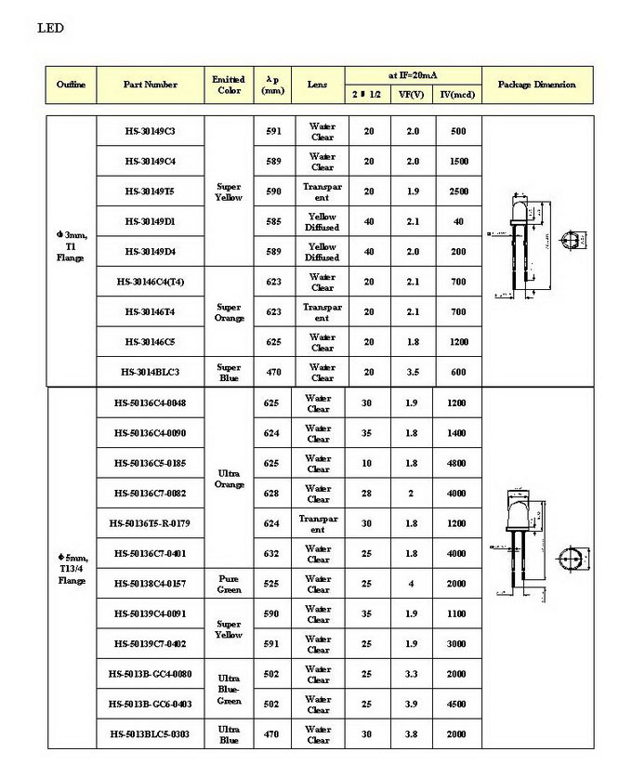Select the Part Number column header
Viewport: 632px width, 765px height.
[150, 85]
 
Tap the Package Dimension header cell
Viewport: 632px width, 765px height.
[536, 85]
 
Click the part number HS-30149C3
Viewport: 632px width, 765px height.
[150, 131]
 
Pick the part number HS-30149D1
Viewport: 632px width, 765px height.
[150, 221]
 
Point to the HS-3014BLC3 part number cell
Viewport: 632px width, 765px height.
[150, 372]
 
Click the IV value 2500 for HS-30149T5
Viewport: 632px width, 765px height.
[458, 191]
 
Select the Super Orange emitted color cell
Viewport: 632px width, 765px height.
[229, 311]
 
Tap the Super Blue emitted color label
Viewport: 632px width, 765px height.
[229, 372]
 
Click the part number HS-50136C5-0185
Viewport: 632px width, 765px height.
[150, 463]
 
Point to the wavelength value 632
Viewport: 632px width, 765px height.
[271, 553]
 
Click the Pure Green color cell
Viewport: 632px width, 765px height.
[229, 584]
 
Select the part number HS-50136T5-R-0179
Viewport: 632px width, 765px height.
[150, 523]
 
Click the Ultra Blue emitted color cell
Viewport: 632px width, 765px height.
[229, 734]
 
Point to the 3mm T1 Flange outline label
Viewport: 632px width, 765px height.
[71, 246]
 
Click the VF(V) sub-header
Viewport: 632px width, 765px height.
[412, 95]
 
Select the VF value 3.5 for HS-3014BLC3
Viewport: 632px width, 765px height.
[413, 372]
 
